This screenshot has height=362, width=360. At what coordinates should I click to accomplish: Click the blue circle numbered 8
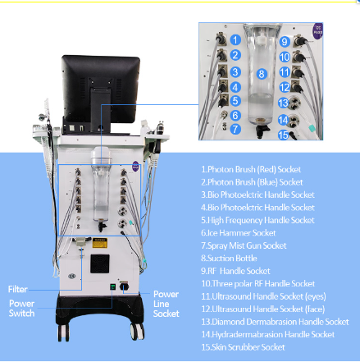point(262,74)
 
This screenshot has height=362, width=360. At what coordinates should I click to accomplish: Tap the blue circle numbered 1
point(235,40)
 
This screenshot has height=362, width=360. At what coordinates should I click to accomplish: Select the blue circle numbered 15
point(284,135)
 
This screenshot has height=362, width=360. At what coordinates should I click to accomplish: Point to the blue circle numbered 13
point(283,103)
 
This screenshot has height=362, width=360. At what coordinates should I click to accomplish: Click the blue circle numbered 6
point(235,115)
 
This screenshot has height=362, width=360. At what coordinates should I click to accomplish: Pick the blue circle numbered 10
point(285,57)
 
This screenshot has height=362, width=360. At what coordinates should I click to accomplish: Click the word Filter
point(18,289)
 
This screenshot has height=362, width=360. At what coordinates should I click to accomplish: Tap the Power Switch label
point(21,309)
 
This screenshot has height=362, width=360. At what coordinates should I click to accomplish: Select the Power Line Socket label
point(166,304)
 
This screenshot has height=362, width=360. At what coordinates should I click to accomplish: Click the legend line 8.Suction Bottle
point(229,259)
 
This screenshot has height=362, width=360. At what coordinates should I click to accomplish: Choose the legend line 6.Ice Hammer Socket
point(239,233)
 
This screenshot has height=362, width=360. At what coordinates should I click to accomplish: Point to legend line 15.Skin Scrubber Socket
point(243,347)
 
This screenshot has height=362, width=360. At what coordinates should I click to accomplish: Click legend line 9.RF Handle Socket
point(235,271)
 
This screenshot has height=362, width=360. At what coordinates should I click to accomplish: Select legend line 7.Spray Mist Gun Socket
point(244,245)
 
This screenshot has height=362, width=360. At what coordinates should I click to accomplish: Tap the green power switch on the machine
point(112,286)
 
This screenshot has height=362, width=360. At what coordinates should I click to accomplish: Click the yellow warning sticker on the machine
point(100,243)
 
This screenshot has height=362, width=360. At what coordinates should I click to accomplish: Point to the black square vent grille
point(100,263)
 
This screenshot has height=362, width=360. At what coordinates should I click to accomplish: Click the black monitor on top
point(100,90)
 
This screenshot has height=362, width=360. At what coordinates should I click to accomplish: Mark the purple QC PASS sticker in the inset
point(318,31)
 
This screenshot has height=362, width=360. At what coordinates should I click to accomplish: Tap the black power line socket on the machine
point(125,286)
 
